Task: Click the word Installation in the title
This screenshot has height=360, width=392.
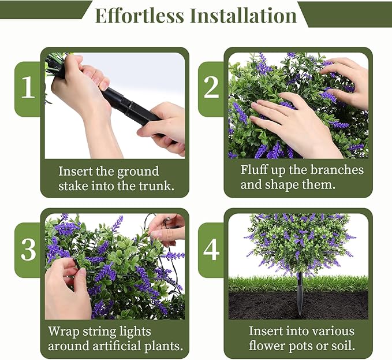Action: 243,16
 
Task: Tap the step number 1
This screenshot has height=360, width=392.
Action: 28,88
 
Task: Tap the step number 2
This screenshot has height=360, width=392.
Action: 211,88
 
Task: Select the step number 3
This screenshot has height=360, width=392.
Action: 28,250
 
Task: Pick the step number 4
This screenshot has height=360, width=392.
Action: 211,250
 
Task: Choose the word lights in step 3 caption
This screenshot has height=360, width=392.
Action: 135,332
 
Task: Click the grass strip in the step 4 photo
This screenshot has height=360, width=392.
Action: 260,283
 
